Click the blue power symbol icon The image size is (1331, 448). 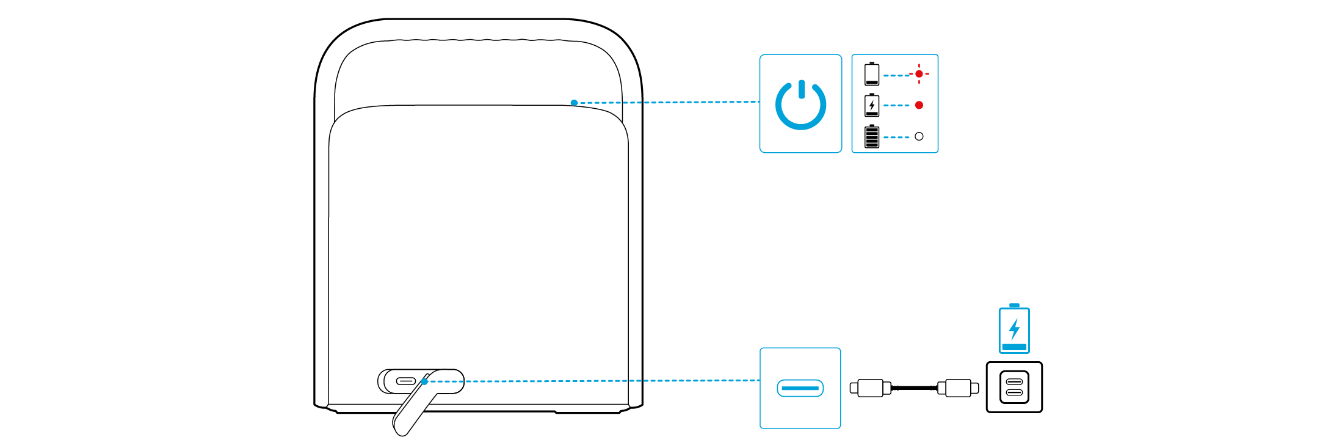[x=800, y=104]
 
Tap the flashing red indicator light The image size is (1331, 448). [x=919, y=74]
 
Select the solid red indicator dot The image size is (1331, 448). [x=919, y=105]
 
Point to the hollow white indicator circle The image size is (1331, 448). [x=919, y=136]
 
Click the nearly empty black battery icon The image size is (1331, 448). [x=872, y=75]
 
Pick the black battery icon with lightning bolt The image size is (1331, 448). [x=872, y=105]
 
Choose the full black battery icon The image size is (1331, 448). [x=872, y=136]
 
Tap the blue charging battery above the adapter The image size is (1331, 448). [x=1014, y=329]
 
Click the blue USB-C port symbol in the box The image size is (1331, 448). [x=800, y=388]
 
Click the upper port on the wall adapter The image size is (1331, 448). [x=1014, y=381]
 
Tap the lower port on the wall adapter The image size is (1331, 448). [x=1014, y=392]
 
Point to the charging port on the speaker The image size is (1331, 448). [x=406, y=381]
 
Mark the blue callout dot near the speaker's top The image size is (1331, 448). [x=574, y=103]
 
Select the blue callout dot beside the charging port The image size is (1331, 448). [x=424, y=381]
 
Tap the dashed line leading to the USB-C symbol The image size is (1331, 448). [x=611, y=381]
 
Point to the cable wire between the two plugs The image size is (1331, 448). [x=915, y=388]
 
